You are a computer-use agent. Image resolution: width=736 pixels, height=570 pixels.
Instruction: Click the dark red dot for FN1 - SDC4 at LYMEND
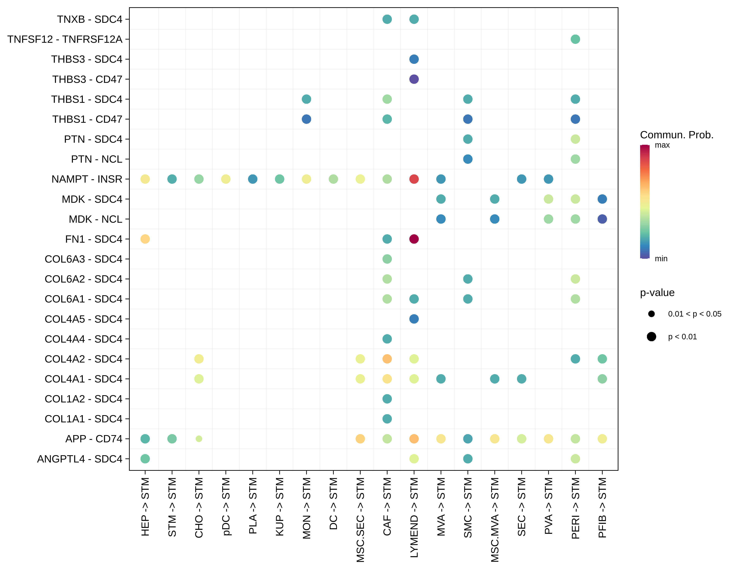pos(414,239)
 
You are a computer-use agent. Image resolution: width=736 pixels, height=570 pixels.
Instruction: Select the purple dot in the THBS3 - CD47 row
pos(414,79)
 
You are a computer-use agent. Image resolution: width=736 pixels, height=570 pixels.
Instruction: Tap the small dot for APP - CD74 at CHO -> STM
pos(199,439)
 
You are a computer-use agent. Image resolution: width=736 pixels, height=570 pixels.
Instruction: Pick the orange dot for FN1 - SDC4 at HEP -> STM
pos(145,239)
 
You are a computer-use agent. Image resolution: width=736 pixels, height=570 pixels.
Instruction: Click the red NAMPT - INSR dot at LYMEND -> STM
pos(414,179)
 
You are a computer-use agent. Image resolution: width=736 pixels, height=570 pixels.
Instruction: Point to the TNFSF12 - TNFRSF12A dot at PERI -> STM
pos(575,39)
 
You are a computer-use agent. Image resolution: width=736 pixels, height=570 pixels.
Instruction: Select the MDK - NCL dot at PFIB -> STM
pos(602,219)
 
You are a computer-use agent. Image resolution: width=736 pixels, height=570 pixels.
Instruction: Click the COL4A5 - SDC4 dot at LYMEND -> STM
pos(414,319)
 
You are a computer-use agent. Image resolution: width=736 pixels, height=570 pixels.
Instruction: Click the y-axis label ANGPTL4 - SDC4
pos(80,459)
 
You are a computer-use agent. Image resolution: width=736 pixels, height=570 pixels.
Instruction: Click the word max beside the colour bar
pos(662,145)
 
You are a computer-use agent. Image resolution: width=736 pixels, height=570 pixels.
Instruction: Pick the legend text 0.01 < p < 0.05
pos(695,314)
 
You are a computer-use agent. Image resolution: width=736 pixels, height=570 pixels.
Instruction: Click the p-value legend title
pos(657,293)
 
